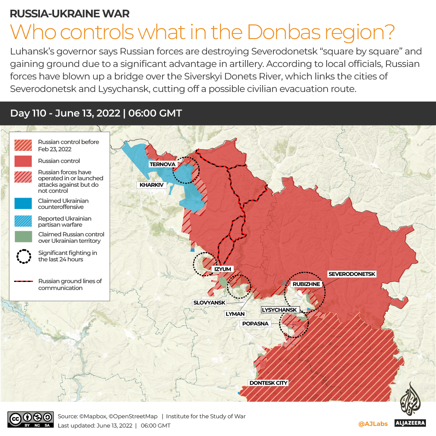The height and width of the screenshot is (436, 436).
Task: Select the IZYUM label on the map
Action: (x=223, y=269)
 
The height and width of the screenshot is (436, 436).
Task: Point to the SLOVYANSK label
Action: (x=209, y=302)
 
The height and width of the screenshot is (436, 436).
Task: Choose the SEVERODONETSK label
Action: (x=352, y=274)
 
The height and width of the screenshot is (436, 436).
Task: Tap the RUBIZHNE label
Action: (x=306, y=284)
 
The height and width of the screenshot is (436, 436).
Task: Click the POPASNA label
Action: (x=255, y=323)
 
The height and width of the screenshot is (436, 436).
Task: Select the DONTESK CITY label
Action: (x=268, y=383)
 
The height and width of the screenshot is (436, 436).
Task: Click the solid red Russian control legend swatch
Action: (x=23, y=161)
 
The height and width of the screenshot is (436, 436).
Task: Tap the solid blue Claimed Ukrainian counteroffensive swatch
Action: (x=23, y=204)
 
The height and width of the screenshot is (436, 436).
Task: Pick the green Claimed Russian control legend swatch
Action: (x=23, y=237)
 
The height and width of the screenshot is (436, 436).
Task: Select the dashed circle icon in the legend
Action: (x=23, y=256)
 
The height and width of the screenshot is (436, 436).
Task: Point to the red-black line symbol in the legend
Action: (x=23, y=282)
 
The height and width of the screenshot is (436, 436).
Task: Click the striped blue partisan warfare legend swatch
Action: (x=23, y=221)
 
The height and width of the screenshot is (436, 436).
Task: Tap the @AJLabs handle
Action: (x=373, y=424)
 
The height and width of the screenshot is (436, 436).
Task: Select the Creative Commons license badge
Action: (x=31, y=419)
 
